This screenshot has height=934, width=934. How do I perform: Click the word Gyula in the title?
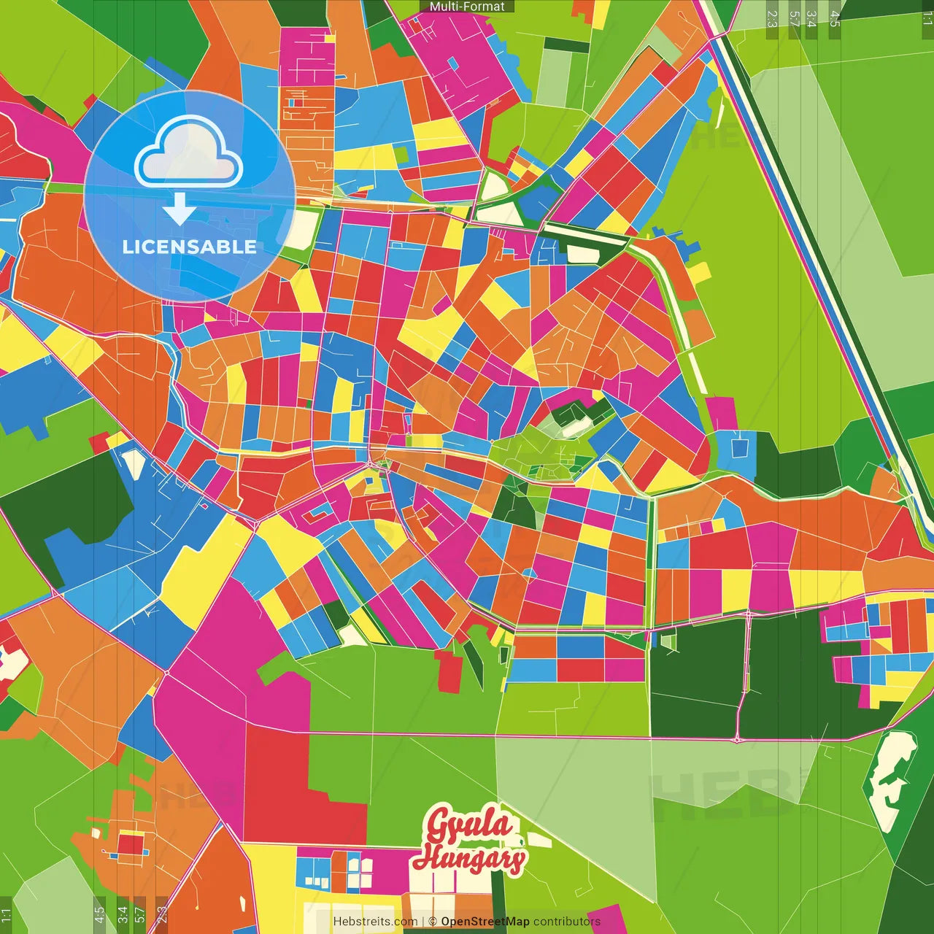pos(469,825)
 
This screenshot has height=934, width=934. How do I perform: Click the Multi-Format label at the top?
pos(467,7)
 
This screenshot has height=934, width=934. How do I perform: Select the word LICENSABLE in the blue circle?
pos(189,247)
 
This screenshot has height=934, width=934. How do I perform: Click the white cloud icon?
pos(188,151)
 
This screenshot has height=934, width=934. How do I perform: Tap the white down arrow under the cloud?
pos(179,209)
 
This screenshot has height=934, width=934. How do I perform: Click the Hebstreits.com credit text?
pos(375,922)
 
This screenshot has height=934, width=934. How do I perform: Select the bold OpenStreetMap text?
pos(485,922)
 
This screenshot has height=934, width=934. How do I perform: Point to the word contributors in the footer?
pos(566,922)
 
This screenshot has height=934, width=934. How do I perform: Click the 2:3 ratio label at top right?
pos(772,19)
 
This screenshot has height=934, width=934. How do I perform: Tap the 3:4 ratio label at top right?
pos(811,19)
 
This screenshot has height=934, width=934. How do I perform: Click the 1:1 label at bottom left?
pos(6,915)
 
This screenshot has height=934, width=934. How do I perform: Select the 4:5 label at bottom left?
pos(99,915)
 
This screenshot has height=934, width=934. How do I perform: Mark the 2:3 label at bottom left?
pos(162,915)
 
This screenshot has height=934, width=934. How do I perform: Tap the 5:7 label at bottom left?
pos(139,915)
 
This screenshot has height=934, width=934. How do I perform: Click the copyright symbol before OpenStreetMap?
pos(433,922)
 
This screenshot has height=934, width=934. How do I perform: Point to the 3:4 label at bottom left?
pos(123,915)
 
